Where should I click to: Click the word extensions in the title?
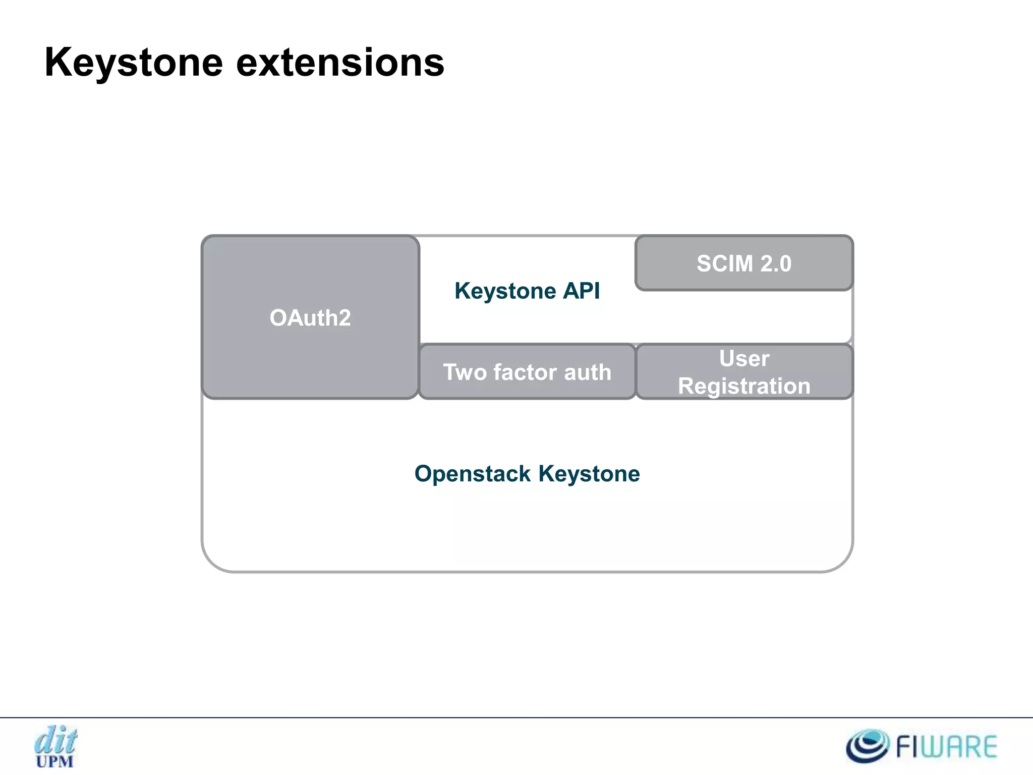coord(340,63)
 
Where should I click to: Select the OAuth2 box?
coord(310,317)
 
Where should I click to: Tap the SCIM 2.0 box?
coord(744,263)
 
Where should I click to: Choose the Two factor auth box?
coord(527,372)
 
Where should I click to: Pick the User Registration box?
coord(744,372)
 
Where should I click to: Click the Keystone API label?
coord(527,291)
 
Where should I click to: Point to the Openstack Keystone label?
coord(527,474)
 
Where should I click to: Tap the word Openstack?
coord(473,474)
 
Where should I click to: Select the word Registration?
coord(744,386)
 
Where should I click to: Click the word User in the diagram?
coord(744,359)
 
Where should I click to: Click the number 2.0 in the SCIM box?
coord(776,263)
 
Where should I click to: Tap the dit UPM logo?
coord(55,746)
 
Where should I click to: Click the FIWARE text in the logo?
coord(946,747)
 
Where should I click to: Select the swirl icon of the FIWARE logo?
coord(867,746)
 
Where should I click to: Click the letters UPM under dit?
coord(54,761)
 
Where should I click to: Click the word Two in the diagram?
coord(465,372)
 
